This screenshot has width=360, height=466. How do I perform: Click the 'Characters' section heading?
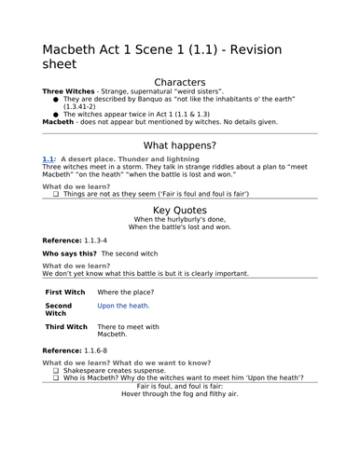[180, 81]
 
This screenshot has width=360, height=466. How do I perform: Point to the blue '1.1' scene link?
[48, 159]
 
